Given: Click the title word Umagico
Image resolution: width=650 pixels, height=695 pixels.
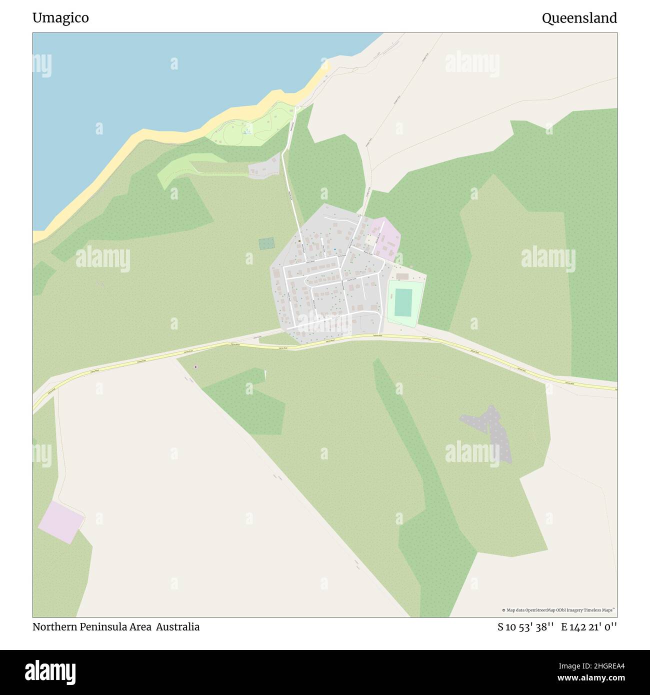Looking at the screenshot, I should point(60,18).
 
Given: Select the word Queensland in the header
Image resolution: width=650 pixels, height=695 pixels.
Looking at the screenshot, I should point(579,18).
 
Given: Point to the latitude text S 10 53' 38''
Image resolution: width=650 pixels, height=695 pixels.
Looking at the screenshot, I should point(525,626).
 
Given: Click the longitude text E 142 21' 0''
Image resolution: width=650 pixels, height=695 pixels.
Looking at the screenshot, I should point(589,626).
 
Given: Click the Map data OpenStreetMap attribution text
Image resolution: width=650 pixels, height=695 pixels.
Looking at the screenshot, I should point(558,610).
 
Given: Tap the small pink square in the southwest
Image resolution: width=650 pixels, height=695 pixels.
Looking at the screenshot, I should point(60,522).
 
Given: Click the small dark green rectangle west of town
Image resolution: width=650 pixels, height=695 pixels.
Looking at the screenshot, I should point(266,244).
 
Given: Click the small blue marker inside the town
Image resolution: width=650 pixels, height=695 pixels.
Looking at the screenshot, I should point(334,249).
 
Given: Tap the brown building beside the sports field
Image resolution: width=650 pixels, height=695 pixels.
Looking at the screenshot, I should point(402,276).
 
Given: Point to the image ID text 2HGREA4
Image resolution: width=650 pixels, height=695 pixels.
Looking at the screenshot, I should point(599,665).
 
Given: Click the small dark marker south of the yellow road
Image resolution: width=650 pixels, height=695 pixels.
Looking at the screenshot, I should point(195,367).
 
